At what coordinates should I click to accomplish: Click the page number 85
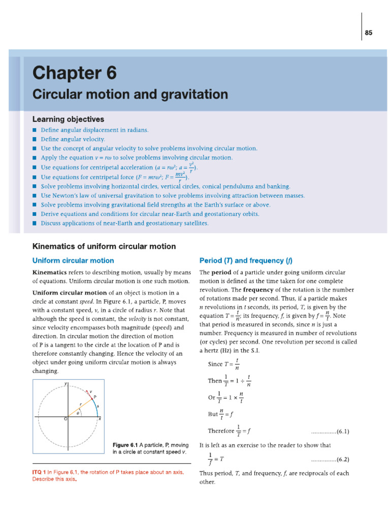(x=369, y=33)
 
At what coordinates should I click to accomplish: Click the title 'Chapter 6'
(x=74, y=74)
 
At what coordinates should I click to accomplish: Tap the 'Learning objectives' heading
(x=68, y=119)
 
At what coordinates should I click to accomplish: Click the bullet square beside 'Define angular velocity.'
(x=34, y=139)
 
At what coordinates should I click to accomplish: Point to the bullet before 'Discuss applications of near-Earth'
(x=34, y=223)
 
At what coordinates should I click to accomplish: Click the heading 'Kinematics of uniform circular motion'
(x=104, y=246)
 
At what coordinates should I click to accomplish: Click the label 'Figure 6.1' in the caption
(x=125, y=445)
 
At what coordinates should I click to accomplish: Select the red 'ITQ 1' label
(x=39, y=472)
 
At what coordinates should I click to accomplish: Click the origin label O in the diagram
(x=65, y=419)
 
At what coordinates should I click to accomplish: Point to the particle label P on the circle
(x=95, y=397)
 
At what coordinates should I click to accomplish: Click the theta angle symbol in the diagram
(x=78, y=413)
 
